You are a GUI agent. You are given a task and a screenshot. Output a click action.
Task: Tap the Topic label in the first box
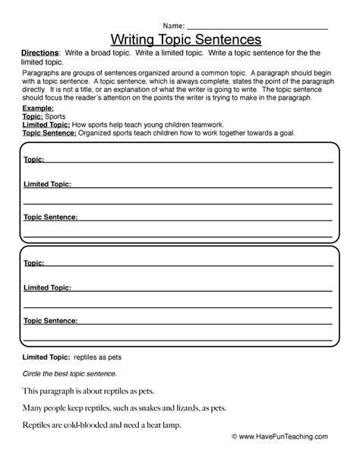pyautogui.click(x=34, y=160)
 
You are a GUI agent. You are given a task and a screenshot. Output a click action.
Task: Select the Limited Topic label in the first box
pyautogui.click(x=47, y=183)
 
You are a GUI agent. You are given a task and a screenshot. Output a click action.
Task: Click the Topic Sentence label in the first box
pyautogui.click(x=50, y=217)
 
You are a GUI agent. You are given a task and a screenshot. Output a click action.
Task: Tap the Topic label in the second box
pyautogui.click(x=34, y=263)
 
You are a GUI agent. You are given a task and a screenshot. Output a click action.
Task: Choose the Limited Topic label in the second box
pyautogui.click(x=47, y=288)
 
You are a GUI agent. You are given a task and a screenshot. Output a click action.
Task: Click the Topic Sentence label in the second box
pyautogui.click(x=50, y=322)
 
